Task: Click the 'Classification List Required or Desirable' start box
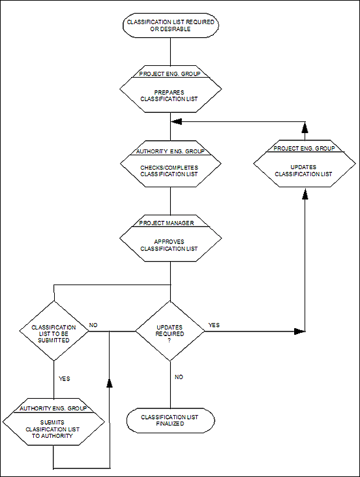(x=171, y=25)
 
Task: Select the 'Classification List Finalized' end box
(x=171, y=420)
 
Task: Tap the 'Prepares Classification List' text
(x=169, y=95)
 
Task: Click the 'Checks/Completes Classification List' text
(x=169, y=171)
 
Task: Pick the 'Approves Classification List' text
(x=169, y=245)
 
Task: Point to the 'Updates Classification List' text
(x=303, y=171)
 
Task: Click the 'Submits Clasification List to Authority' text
(x=53, y=429)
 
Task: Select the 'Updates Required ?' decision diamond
(x=170, y=331)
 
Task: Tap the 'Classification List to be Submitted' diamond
(x=54, y=331)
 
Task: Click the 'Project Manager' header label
(x=166, y=223)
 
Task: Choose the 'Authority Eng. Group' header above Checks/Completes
(x=170, y=151)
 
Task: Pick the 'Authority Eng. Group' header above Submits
(x=53, y=408)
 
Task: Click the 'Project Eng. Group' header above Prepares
(x=170, y=74)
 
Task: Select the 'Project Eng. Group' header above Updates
(x=304, y=148)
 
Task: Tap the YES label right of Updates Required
(x=214, y=325)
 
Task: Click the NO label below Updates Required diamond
(x=179, y=377)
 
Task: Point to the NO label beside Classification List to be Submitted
(x=93, y=325)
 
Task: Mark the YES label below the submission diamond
(x=64, y=378)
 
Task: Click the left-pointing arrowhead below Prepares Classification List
(x=176, y=121)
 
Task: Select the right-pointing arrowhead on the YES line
(x=299, y=331)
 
